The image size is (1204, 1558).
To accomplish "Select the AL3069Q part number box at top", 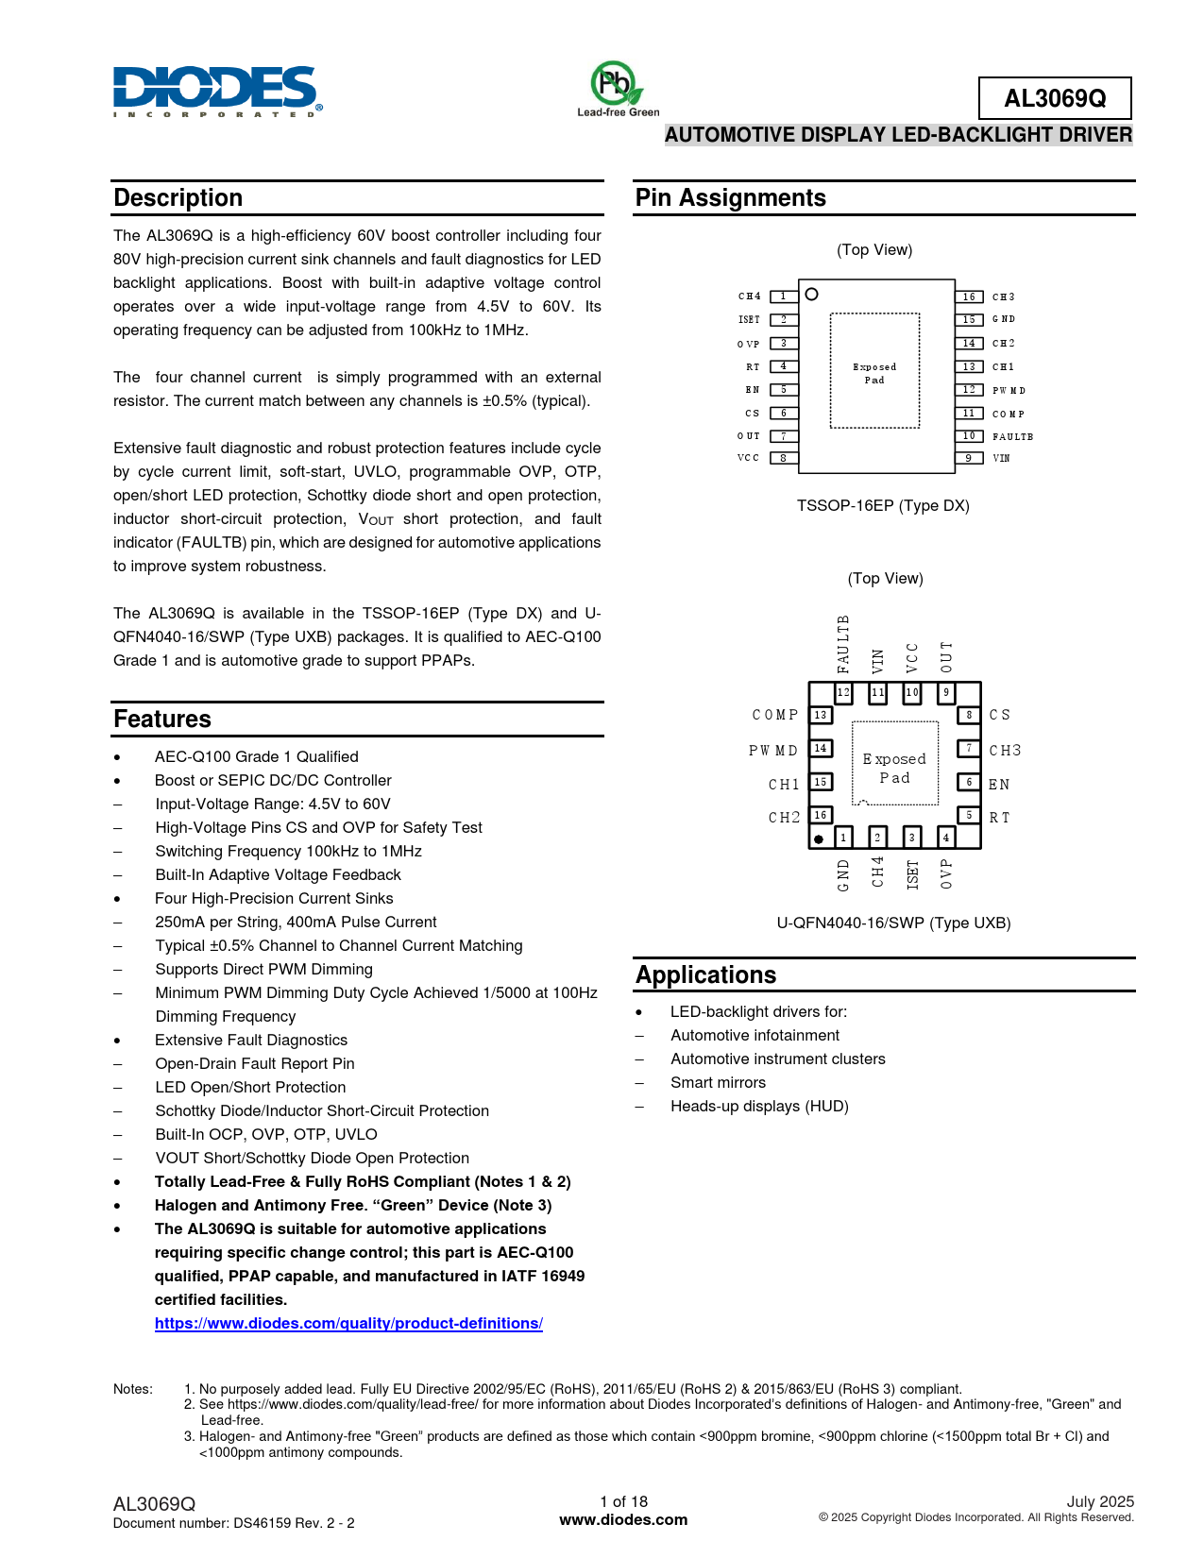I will pyautogui.click(x=1054, y=98).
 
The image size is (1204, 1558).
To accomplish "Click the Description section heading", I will pyautogui.click(x=178, y=197).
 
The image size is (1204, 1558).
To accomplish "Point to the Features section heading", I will pyautogui.click(x=162, y=719).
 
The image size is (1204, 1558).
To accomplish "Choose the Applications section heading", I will pyautogui.click(x=705, y=974).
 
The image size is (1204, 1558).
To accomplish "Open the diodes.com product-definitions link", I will pyautogui.click(x=348, y=1323).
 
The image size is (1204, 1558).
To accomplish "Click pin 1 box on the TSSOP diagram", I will pyautogui.click(x=784, y=296).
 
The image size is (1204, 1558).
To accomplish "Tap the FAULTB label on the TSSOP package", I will pyautogui.click(x=1012, y=436).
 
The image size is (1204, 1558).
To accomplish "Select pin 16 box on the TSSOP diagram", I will pyautogui.click(x=969, y=296).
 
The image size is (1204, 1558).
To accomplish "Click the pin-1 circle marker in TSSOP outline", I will pyautogui.click(x=811, y=295).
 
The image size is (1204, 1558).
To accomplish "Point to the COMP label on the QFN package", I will pyautogui.click(x=775, y=715).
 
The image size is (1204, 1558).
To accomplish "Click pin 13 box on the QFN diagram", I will pyautogui.click(x=821, y=715).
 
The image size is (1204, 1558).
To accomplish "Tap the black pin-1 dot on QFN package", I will pyautogui.click(x=819, y=838).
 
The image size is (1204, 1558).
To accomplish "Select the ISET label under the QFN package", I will pyautogui.click(x=912, y=874).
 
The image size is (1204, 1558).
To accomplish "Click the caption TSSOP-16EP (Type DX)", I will pyautogui.click(x=883, y=505).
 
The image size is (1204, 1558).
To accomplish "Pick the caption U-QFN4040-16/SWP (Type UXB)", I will pyautogui.click(x=893, y=923).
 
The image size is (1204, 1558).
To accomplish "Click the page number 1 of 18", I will pyautogui.click(x=623, y=1501).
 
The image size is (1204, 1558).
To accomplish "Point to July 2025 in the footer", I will pyautogui.click(x=1100, y=1501).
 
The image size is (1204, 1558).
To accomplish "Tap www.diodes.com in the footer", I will pyautogui.click(x=623, y=1519).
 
